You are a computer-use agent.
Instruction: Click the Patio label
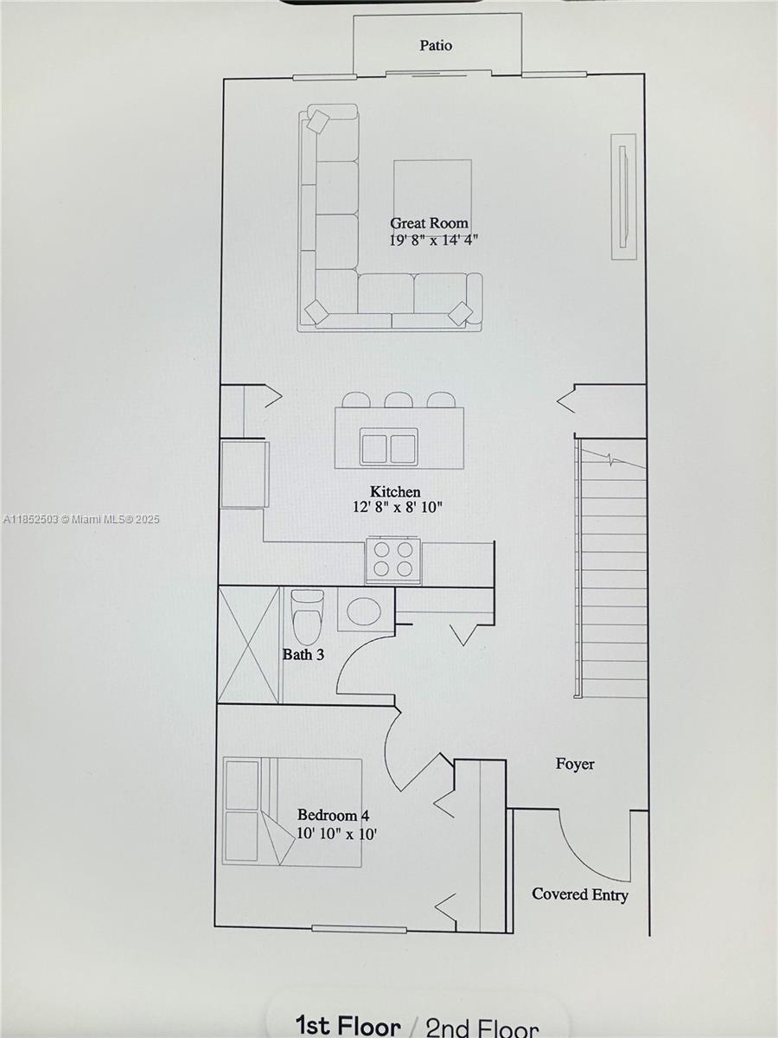pos(436,46)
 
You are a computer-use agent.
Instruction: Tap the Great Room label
pos(429,223)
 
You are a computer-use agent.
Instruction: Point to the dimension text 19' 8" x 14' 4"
pos(434,240)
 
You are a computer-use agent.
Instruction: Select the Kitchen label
pos(396,492)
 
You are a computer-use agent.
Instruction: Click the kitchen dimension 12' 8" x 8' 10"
pos(398,509)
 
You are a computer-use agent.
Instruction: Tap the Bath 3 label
pos(303,655)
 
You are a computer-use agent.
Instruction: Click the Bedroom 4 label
pos(333,815)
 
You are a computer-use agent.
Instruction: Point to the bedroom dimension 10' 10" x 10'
pos(336,835)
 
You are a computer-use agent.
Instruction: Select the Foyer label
pos(575,764)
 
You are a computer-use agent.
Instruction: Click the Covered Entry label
pos(580,894)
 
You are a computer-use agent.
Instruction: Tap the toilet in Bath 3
pos(307,614)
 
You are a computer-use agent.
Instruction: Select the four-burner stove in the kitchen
pos(393,560)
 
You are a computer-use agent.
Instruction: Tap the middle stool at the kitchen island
pos(399,400)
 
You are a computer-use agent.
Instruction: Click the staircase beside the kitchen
pos(612,571)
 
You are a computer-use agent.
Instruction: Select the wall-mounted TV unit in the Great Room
pos(623,195)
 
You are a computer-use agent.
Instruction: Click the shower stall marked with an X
pos(249,644)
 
